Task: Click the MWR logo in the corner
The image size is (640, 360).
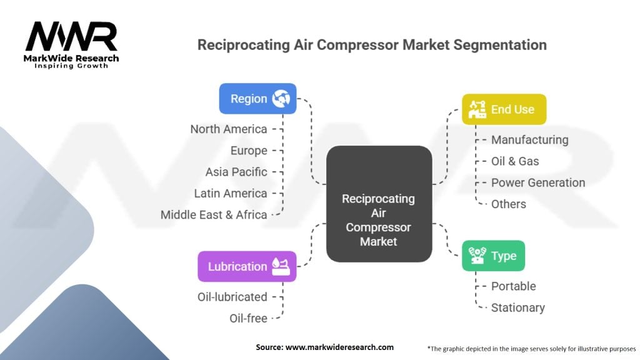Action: pyautogui.click(x=71, y=45)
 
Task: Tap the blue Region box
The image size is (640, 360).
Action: pyautogui.click(x=257, y=99)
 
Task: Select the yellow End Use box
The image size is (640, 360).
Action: pyautogui.click(x=504, y=109)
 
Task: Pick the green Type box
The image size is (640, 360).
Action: pyautogui.click(x=494, y=256)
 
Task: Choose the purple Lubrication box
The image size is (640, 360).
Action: pyautogui.click(x=247, y=266)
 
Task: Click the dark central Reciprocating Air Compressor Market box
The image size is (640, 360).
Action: pyautogui.click(x=379, y=204)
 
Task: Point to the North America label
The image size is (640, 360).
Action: pyautogui.click(x=229, y=129)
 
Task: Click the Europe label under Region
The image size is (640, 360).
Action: pyautogui.click(x=249, y=151)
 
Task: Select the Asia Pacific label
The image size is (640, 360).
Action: pyautogui.click(x=236, y=172)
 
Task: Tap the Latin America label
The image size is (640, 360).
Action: pyautogui.click(x=231, y=194)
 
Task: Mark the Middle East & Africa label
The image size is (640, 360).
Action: pyautogui.click(x=214, y=215)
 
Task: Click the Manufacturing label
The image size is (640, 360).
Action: pyautogui.click(x=530, y=140)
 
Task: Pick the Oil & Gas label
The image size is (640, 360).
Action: pyautogui.click(x=515, y=161)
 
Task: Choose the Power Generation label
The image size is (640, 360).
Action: pyautogui.click(x=538, y=182)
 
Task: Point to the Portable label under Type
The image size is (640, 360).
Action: pyautogui.click(x=514, y=286)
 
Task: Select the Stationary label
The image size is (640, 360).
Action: pyautogui.click(x=518, y=307)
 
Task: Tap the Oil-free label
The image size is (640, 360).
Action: pyautogui.click(x=249, y=318)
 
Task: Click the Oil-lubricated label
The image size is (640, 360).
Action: pyautogui.click(x=232, y=297)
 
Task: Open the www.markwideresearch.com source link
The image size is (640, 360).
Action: pyautogui.click(x=339, y=347)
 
